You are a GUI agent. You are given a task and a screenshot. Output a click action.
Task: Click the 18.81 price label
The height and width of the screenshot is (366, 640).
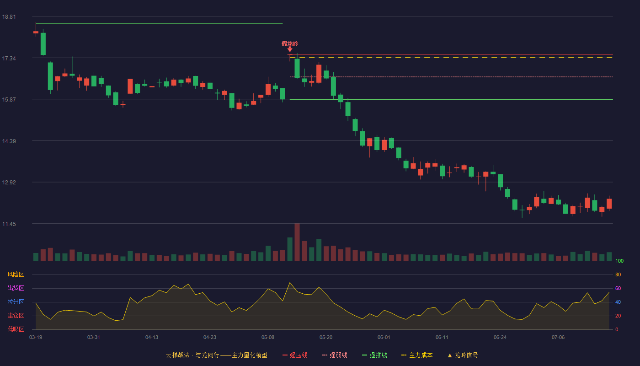pos(9,17)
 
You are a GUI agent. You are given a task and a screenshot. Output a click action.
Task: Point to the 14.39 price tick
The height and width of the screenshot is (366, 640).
pos(9,141)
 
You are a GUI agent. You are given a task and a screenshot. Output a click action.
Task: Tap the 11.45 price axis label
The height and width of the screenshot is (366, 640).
pos(9,224)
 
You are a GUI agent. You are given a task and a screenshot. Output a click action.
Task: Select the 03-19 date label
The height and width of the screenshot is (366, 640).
pos(36,338)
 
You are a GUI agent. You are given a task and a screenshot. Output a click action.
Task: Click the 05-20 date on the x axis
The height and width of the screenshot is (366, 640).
pos(326,338)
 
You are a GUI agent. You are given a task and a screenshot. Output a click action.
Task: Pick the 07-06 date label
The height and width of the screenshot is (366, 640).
pos(558,338)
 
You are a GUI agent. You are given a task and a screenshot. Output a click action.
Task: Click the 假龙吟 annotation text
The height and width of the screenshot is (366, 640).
pos(290,44)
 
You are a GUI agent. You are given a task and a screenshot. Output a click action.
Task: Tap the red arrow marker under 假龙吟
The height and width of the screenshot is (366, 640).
pos(290,50)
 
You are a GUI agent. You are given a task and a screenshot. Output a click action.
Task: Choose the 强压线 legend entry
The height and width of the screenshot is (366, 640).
pos(295,355)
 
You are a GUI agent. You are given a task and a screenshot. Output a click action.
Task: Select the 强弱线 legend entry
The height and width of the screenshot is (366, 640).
pos(335,355)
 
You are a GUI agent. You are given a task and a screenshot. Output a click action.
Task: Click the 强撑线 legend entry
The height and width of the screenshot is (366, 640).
pos(374,355)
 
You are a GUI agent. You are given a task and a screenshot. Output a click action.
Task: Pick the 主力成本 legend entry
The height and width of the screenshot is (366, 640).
pos(417,355)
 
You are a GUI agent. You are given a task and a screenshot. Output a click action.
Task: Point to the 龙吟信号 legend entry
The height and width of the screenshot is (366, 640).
pos(463,355)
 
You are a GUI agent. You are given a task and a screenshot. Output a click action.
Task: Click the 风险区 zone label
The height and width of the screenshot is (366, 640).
pos(16,274)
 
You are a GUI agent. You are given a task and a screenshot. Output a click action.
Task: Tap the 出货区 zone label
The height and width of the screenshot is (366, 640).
pos(16,288)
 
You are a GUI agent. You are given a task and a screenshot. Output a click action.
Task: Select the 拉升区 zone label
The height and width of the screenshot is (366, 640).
pos(16,301)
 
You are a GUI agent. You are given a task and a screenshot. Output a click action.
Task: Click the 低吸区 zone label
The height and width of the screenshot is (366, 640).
pos(16,329)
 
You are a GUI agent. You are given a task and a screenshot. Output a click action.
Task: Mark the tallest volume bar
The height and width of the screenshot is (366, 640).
pos(297,242)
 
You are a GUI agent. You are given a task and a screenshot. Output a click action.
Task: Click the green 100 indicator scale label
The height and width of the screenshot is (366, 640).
pos(619,261)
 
